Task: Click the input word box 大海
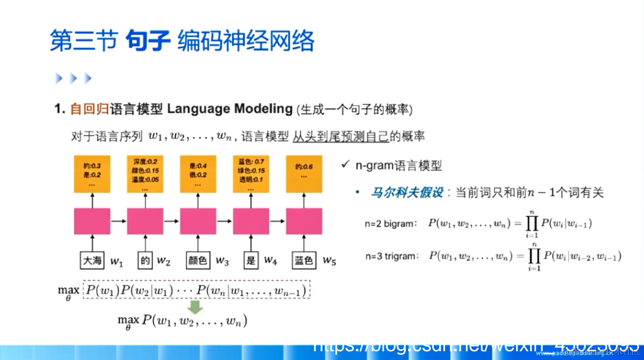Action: pos(92,261)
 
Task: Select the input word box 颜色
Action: pos(198,261)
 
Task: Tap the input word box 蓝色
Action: pos(304,261)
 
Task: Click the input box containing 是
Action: pos(250,261)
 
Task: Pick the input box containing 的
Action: pos(145,261)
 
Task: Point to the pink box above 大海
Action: pos(92,221)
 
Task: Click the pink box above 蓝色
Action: pos(304,221)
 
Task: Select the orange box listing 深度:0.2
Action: pos(145,174)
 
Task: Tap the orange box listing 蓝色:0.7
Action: pos(251,174)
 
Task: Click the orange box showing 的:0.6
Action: pos(304,174)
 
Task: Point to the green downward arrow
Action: pos(196,307)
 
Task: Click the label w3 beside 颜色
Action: pos(222,261)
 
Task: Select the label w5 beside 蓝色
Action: pos(329,261)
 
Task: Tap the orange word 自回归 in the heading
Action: pos(89,109)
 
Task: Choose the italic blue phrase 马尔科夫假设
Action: pos(406,192)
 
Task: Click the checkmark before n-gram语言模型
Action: pos(345,165)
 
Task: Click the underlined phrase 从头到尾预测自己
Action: pos(340,137)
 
